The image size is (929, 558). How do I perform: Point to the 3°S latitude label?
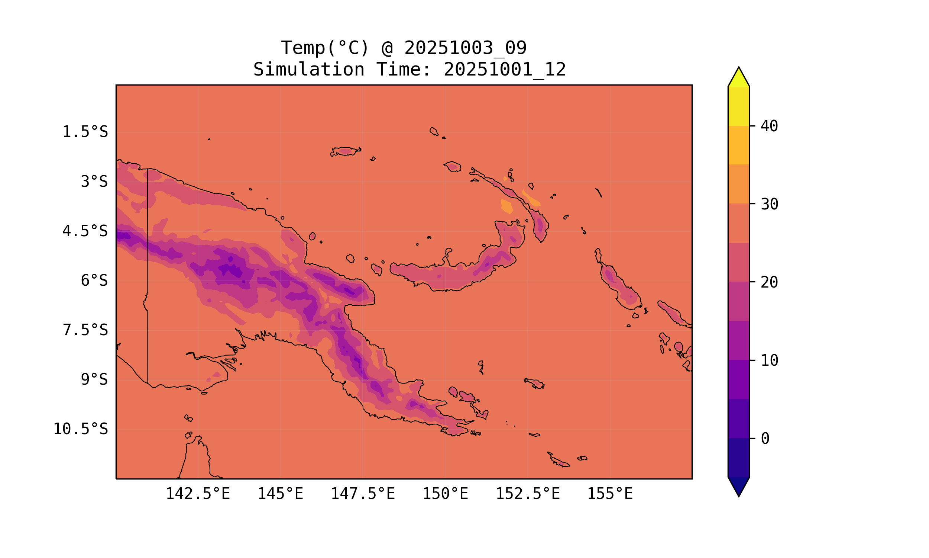click(94, 182)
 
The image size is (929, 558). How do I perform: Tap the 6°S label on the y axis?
click(94, 280)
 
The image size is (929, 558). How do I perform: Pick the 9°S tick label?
click(94, 379)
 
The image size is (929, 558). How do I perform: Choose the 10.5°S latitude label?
click(80, 429)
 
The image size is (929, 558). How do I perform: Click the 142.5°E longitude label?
click(198, 494)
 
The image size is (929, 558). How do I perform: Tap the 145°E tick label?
click(280, 494)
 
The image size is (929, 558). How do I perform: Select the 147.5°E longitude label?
click(363, 494)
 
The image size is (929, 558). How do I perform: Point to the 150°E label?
click(445, 494)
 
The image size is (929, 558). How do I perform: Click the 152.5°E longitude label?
click(528, 494)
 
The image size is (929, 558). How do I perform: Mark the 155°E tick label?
click(610, 494)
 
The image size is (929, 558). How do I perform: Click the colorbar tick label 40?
click(769, 126)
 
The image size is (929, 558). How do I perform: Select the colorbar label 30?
click(769, 204)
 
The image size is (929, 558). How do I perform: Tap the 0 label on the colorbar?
click(765, 439)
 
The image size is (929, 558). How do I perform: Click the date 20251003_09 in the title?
click(465, 48)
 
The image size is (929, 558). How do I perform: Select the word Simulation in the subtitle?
click(309, 70)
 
